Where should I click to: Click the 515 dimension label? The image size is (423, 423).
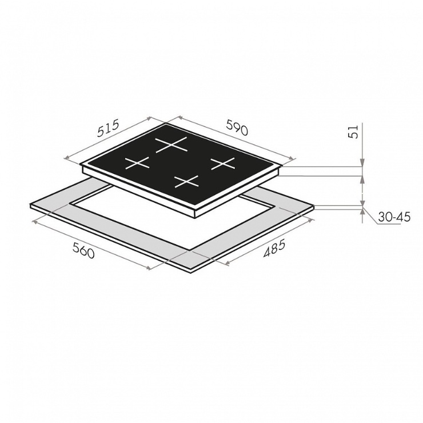click(108, 129)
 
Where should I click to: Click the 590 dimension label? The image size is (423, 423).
click(237, 127)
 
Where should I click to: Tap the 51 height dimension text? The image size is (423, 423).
click(353, 131)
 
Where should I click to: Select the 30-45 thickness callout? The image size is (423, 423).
click(394, 217)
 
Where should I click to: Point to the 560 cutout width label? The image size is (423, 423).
click(83, 250)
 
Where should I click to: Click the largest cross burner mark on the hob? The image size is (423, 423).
click(171, 145)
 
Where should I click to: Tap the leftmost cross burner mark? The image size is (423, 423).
click(137, 163)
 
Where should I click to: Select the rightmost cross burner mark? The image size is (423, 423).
click(223, 163)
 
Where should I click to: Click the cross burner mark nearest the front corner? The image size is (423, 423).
click(186, 182)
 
